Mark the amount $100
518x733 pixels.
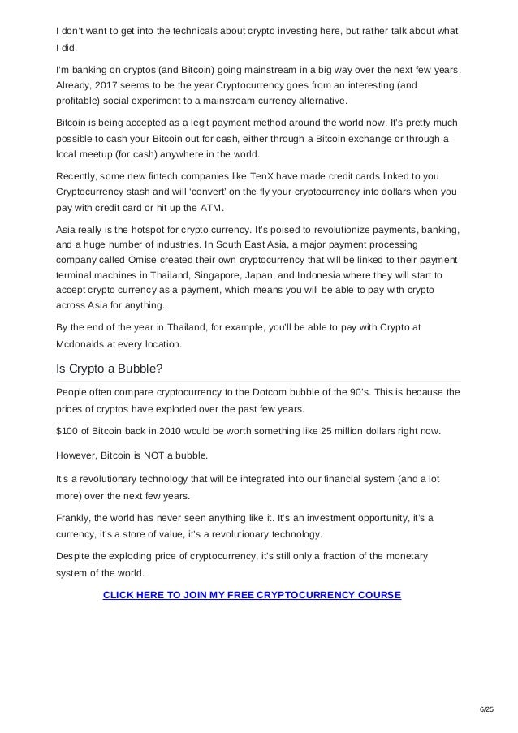67,430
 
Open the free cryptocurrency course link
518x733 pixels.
252,595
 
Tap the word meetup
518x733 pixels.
101,153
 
